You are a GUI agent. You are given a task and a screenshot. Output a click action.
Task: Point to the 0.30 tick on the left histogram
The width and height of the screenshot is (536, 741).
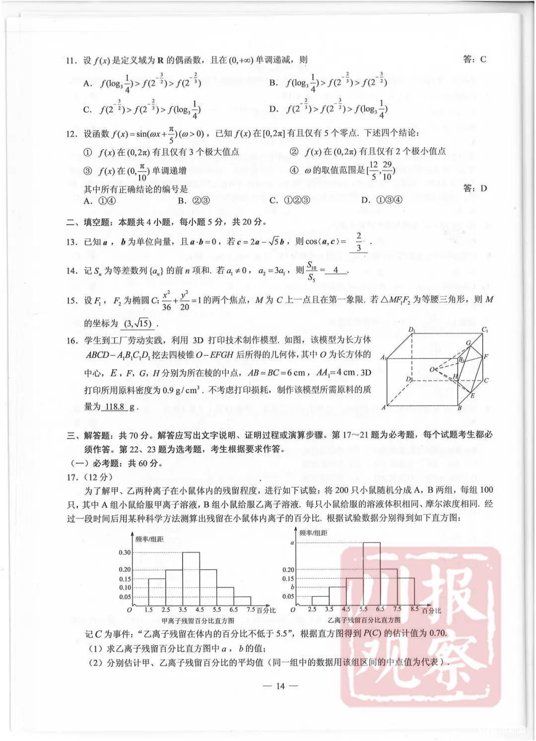click(125, 553)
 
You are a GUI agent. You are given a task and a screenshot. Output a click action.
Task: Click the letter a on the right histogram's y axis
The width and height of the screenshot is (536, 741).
click(291, 543)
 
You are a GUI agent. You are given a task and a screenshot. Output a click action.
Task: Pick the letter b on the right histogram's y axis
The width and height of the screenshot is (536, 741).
click(292, 587)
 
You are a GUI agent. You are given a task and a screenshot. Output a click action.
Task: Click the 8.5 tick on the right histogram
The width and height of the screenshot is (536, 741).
click(415, 609)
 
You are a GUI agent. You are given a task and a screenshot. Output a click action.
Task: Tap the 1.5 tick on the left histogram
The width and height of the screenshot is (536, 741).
click(148, 610)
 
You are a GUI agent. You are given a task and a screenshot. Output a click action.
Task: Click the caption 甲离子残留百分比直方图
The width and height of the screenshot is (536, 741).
click(198, 620)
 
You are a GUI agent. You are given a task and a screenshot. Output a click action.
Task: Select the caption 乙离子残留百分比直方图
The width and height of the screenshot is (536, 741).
click(364, 620)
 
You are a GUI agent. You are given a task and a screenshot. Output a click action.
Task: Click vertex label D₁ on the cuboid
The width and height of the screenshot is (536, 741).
click(411, 329)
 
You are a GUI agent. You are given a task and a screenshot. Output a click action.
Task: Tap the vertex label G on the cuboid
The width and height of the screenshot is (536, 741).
click(468, 343)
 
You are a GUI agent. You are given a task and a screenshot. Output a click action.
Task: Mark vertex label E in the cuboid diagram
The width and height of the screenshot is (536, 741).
click(472, 396)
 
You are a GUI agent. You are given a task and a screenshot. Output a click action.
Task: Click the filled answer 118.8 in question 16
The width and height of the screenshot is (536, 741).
click(115, 407)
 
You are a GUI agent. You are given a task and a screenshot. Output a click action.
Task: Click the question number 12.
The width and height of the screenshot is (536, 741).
click(71, 133)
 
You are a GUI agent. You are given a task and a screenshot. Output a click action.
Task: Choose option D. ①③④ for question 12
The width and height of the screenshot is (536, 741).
click(382, 200)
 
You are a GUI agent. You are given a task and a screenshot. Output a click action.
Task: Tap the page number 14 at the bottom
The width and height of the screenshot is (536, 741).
click(280, 686)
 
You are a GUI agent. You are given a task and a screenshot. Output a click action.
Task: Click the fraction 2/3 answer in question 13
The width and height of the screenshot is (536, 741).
click(359, 242)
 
